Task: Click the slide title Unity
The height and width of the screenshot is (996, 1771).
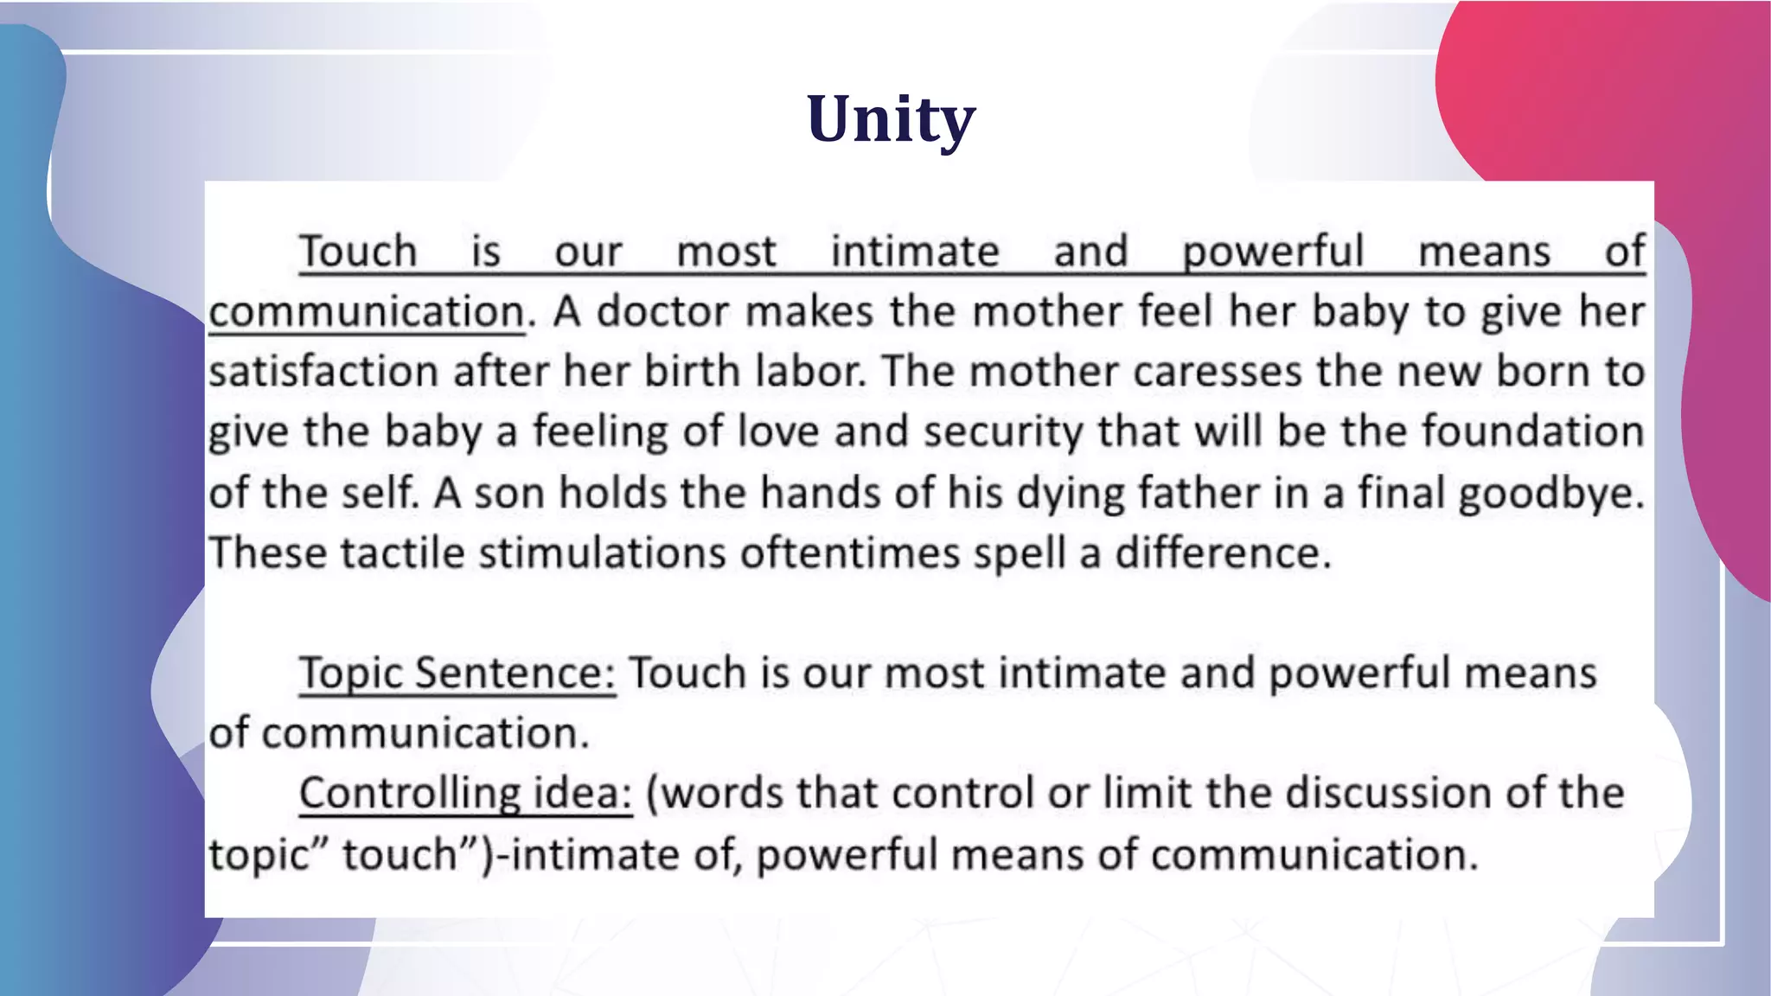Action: pyautogui.click(x=891, y=119)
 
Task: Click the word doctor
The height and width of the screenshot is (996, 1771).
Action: pyautogui.click(x=662, y=311)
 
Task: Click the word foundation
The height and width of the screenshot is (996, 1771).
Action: pyautogui.click(x=1532, y=431)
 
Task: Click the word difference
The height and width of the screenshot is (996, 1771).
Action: pyautogui.click(x=1221, y=553)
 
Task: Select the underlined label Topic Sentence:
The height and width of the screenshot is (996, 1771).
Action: pyautogui.click(x=457, y=674)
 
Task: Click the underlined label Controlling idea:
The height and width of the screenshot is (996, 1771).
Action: pyautogui.click(x=465, y=794)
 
